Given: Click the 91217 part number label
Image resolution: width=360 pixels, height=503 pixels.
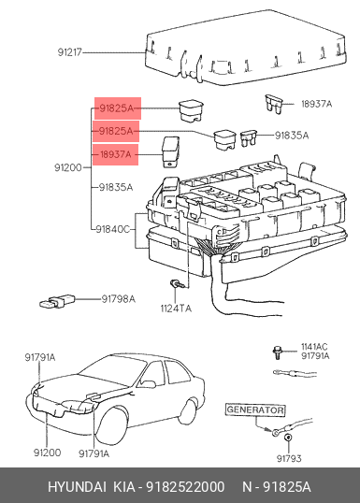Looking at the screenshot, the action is (x=70, y=52).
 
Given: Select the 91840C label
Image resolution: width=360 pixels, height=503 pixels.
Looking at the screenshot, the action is (x=112, y=229).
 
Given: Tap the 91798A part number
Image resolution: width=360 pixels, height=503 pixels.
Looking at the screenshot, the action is (x=119, y=299).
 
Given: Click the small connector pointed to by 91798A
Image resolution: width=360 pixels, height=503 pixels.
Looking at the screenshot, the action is (x=57, y=301).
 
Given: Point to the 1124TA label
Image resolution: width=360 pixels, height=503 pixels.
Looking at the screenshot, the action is (x=176, y=309).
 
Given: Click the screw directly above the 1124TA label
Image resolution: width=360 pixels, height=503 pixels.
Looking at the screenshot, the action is (x=176, y=283).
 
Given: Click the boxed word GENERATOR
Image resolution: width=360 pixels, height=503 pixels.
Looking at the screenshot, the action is (x=255, y=410).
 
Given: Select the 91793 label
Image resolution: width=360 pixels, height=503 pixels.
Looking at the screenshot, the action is (x=289, y=458).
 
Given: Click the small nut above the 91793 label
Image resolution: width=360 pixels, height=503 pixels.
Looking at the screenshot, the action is (x=288, y=438).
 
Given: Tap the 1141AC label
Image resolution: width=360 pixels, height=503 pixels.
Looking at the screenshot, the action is (x=314, y=347).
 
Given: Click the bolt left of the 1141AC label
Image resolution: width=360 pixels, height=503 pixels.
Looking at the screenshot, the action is (x=276, y=352).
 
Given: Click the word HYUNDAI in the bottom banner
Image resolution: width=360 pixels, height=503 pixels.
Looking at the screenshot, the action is (x=77, y=487).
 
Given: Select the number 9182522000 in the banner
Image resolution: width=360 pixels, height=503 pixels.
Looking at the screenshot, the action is (x=185, y=487).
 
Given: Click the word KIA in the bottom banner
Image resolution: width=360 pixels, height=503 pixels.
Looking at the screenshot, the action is (x=124, y=487).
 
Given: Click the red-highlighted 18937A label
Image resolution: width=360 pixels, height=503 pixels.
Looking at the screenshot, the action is (x=116, y=154).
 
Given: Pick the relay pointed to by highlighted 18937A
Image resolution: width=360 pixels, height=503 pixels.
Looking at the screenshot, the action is (x=171, y=152).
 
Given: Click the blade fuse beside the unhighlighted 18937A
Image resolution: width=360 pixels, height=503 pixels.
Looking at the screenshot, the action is (x=273, y=105).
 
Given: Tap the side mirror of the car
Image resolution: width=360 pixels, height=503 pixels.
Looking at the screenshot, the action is (x=148, y=383).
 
